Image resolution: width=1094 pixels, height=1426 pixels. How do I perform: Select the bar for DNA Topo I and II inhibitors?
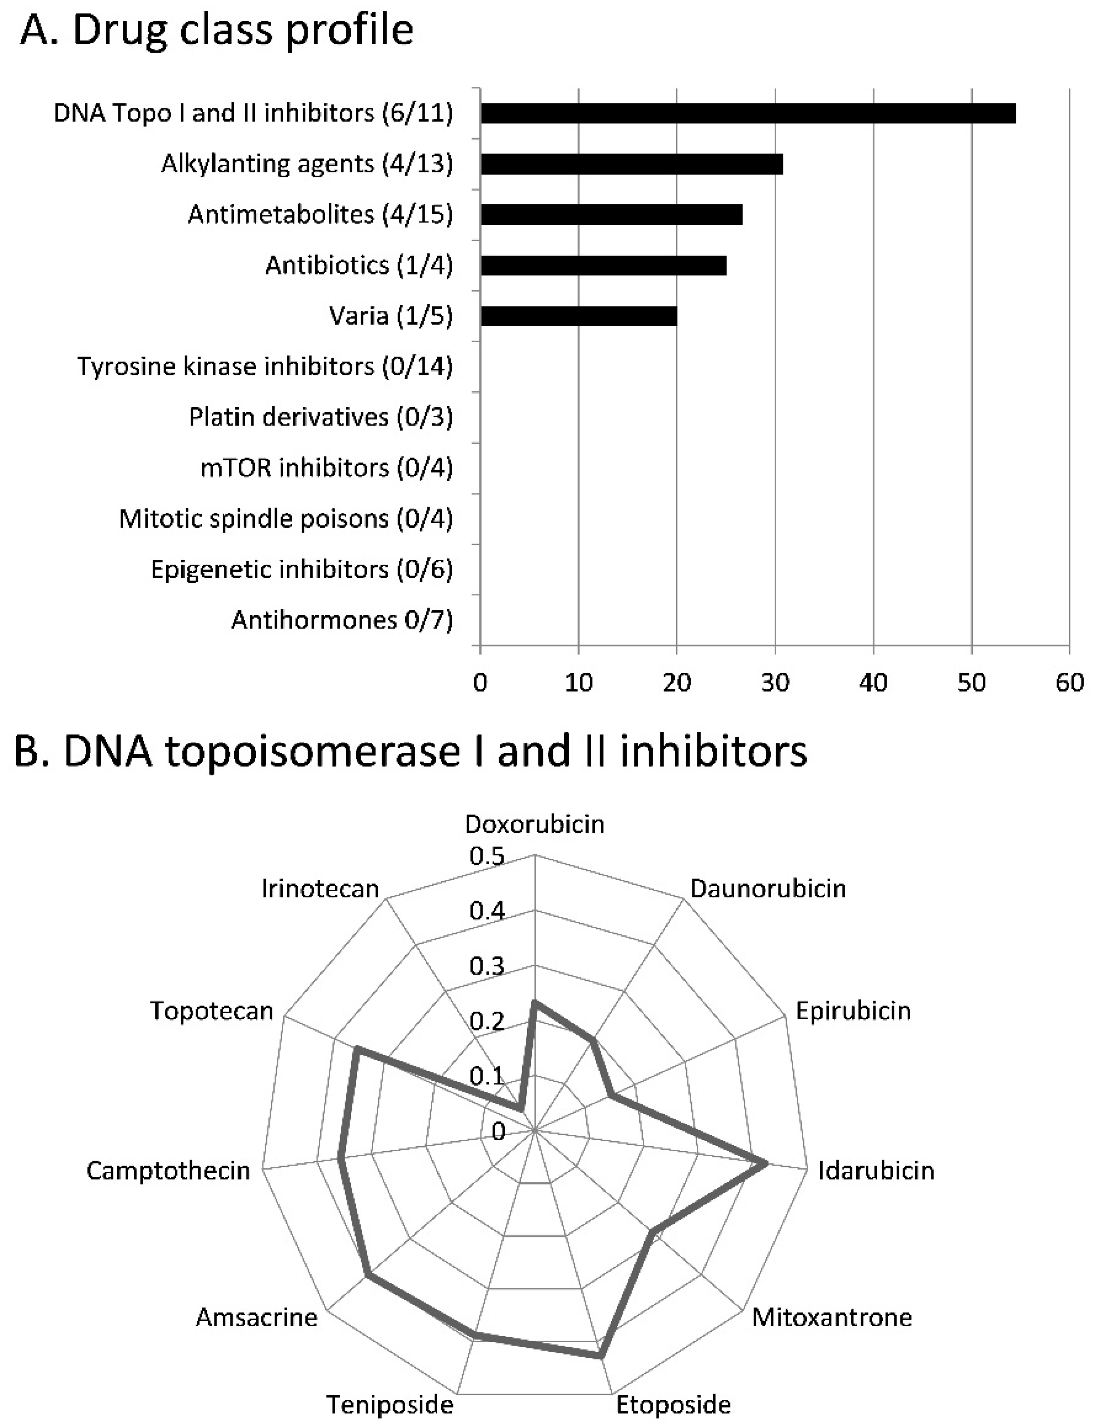748,113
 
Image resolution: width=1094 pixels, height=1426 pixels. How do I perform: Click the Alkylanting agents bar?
631,164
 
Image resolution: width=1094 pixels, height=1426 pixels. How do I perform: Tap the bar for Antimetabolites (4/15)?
611,215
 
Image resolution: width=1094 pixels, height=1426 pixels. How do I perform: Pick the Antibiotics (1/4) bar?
603,265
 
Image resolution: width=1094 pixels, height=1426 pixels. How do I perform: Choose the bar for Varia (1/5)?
578,316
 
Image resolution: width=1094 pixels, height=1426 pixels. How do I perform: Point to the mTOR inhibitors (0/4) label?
326,468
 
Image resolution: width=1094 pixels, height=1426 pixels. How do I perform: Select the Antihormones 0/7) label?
342,620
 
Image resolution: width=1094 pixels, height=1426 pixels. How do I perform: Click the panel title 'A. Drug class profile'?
217,31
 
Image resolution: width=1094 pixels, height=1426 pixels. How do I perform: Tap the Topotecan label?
212,1011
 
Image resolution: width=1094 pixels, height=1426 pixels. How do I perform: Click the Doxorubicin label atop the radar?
534,825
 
